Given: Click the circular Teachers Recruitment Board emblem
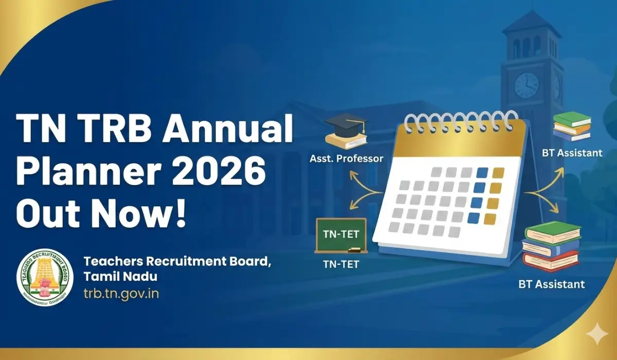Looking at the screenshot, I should click(45, 278).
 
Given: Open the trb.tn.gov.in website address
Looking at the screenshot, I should click(121, 294).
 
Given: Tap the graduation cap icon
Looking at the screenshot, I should click(347, 130).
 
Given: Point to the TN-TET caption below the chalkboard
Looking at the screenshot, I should click(340, 265).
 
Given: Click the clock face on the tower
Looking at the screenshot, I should click(527, 85).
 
